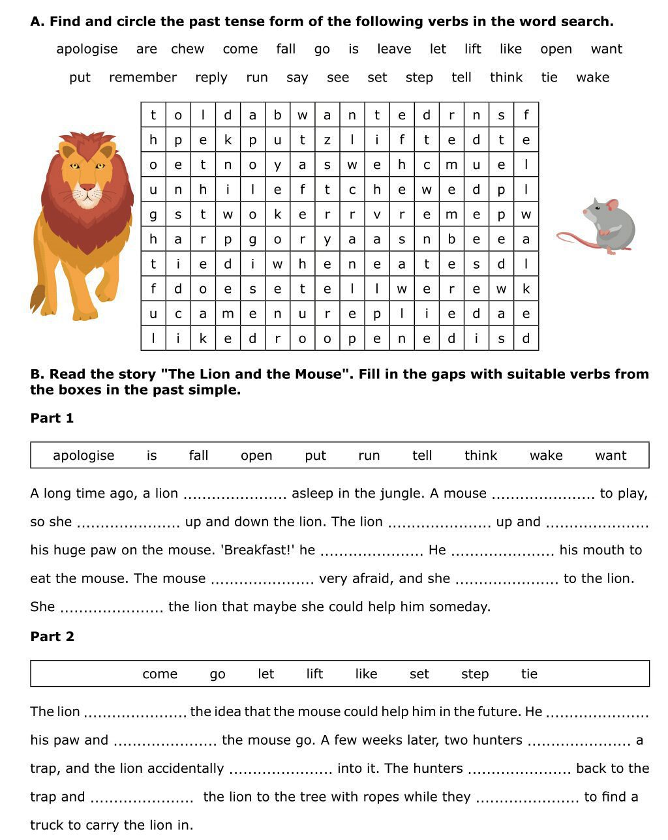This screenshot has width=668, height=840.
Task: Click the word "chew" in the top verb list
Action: pyautogui.click(x=187, y=49)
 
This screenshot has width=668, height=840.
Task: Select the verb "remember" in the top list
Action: pyautogui.click(x=143, y=78)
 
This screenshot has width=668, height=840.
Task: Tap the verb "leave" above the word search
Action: pyautogui.click(x=394, y=49)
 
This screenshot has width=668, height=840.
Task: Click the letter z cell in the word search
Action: pyautogui.click(x=327, y=140)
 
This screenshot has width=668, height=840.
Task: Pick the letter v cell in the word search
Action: pyautogui.click(x=377, y=215)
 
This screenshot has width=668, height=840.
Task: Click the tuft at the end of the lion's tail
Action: pyautogui.click(x=37, y=299)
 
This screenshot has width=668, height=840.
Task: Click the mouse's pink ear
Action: pyautogui.click(x=612, y=205)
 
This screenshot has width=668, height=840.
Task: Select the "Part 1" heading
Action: pyautogui.click(x=52, y=419)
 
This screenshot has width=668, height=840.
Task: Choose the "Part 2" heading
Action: pyautogui.click(x=52, y=637)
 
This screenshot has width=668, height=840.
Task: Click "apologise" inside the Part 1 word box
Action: pyautogui.click(x=83, y=456)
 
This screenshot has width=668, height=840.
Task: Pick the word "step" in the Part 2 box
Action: pyautogui.click(x=475, y=674)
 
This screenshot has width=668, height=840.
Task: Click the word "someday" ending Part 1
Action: pyautogui.click(x=462, y=607)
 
